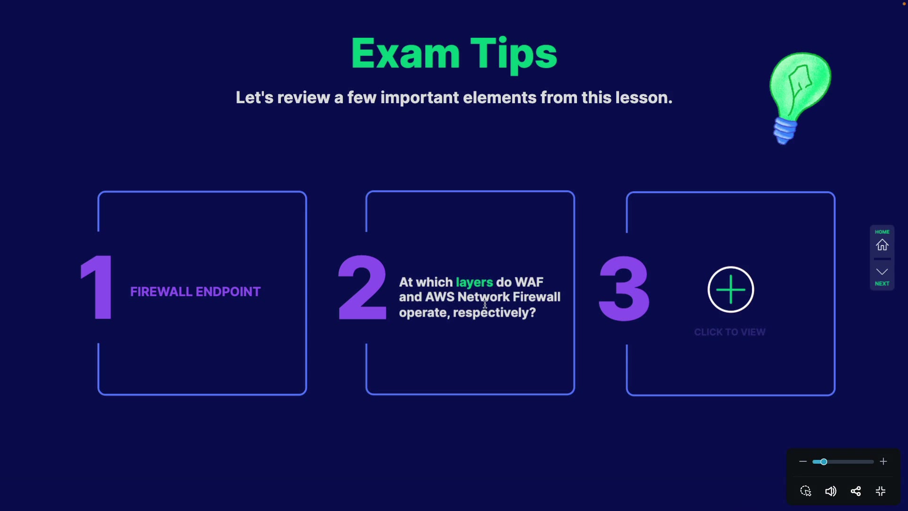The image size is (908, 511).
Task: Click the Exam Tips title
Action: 454,54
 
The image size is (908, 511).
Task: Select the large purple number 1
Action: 97,287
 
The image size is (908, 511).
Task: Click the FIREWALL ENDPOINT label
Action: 195,292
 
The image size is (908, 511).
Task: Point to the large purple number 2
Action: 362,287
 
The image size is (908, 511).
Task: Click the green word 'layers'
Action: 474,282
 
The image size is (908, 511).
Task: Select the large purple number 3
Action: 624,288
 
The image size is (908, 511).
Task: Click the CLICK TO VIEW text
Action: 730,332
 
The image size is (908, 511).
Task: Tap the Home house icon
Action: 882,245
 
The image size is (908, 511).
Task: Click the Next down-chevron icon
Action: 882,272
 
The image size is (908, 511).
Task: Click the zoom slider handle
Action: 823,462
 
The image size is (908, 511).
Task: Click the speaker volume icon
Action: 830,492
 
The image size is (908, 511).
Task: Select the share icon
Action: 856,492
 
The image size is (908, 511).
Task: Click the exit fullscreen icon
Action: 881,492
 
